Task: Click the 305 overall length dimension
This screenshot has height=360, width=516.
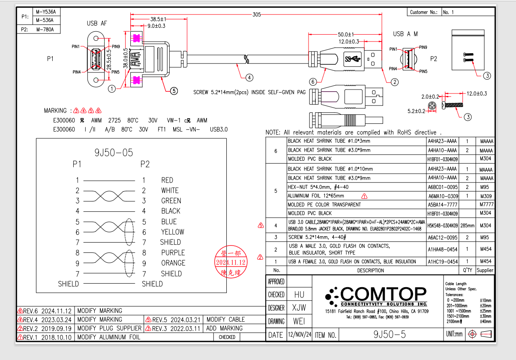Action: pyautogui.click(x=256, y=15)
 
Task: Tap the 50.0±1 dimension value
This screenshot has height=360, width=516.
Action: pyautogui.click(x=345, y=34)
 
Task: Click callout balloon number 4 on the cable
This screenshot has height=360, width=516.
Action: pyautogui.click(x=249, y=78)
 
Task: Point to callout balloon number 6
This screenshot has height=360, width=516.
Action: pyautogui.click(x=313, y=81)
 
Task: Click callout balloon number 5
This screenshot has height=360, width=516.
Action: pyautogui.click(x=174, y=90)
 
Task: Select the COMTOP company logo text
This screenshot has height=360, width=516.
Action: pyautogui.click(x=383, y=294)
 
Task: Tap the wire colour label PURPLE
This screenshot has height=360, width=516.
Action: pyautogui.click(x=173, y=252)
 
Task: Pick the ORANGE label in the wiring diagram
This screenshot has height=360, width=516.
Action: pyautogui.click(x=173, y=263)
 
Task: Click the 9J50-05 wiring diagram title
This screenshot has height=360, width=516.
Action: pyautogui.click(x=114, y=153)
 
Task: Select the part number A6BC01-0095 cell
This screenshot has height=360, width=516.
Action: pyautogui.click(x=442, y=187)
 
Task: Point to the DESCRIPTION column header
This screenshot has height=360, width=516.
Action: pyautogui.click(x=370, y=270)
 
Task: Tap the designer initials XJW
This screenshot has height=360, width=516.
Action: pyautogui.click(x=299, y=308)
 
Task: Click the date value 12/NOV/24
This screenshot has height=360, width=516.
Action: pyautogui.click(x=299, y=335)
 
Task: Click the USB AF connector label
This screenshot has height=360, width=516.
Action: pyautogui.click(x=96, y=23)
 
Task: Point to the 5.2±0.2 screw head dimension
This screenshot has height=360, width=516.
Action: pyautogui.click(x=416, y=111)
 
